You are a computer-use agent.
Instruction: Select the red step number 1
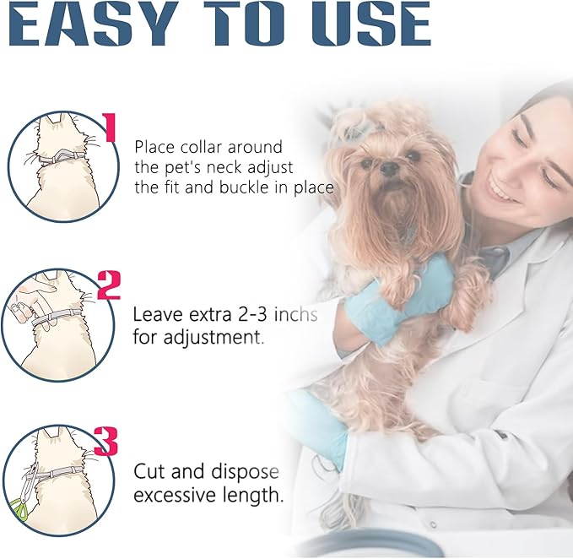[109, 128]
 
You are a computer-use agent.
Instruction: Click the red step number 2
[109, 285]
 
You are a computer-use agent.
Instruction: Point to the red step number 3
[106, 442]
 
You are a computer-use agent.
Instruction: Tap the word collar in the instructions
[202, 147]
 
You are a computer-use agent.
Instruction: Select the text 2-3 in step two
[252, 314]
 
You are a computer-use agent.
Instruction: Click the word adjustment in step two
[213, 337]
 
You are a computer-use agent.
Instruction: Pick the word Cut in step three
[150, 471]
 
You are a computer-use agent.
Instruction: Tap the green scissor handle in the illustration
[14, 509]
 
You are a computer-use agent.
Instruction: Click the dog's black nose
[389, 169]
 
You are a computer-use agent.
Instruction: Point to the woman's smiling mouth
[502, 189]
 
